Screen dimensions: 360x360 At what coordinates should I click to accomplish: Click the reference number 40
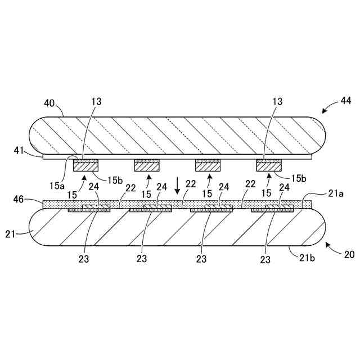(49, 103)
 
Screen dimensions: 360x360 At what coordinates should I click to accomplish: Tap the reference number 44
(345, 101)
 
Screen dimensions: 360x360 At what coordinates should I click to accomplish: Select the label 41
(19, 150)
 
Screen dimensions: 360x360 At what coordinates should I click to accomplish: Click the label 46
(19, 199)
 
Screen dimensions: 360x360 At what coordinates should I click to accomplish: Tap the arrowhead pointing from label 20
(328, 244)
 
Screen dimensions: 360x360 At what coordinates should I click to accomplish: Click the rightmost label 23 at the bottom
(265, 259)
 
